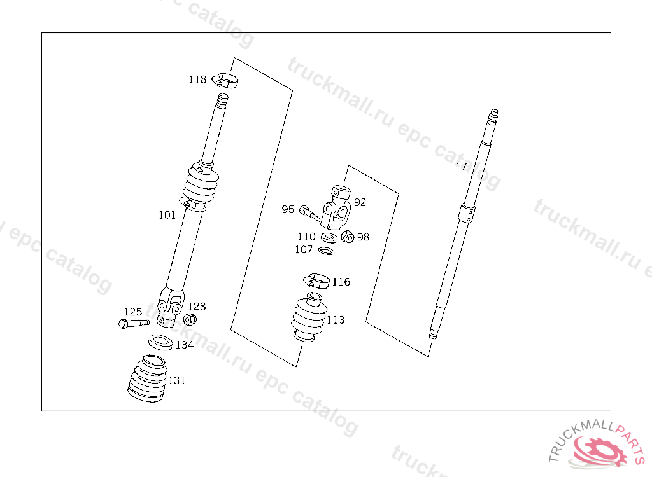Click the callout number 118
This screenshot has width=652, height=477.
(x=197, y=79)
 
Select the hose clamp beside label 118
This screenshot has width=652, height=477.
(x=225, y=80)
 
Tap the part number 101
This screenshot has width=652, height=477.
(x=167, y=215)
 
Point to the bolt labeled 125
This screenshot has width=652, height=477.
(x=134, y=323)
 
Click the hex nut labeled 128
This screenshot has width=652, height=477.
(x=190, y=319)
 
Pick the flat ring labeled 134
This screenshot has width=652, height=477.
(x=160, y=342)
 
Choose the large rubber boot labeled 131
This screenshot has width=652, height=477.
(x=148, y=378)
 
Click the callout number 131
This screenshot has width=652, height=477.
(x=177, y=380)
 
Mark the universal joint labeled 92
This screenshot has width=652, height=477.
(x=336, y=208)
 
